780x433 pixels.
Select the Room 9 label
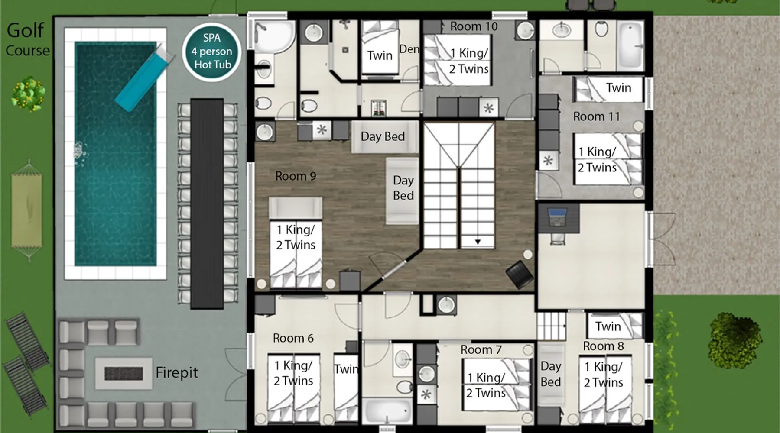296,176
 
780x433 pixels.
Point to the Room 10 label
474,26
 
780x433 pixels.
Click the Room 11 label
596,116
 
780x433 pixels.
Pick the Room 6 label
293,338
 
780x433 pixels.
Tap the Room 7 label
481,350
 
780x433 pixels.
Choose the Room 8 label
603,346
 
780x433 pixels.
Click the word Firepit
176,372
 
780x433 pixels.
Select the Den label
409,49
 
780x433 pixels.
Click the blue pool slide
142,78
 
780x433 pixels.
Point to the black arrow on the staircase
478,242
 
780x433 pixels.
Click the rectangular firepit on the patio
124,373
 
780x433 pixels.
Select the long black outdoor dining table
207,204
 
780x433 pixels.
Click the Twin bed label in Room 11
618,88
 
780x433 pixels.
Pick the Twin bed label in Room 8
608,326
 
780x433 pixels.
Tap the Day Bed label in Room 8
550,374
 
